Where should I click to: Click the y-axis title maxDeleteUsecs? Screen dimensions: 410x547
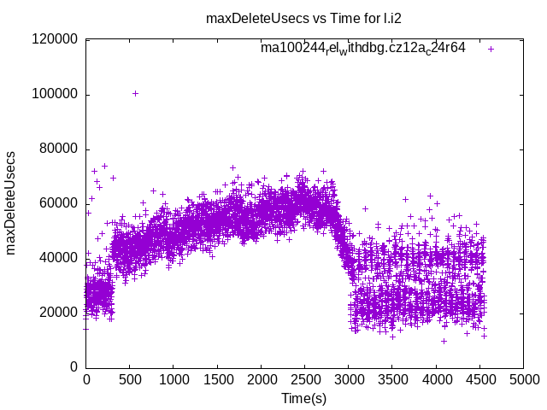pos(12,203)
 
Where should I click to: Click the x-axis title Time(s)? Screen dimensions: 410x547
pos(303,399)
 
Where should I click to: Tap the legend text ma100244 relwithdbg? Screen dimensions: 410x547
pos(362,49)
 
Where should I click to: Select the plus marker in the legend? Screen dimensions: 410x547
pos(491,49)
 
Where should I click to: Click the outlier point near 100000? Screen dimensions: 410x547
pos(135,93)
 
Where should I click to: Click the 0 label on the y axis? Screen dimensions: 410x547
pos(74,367)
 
